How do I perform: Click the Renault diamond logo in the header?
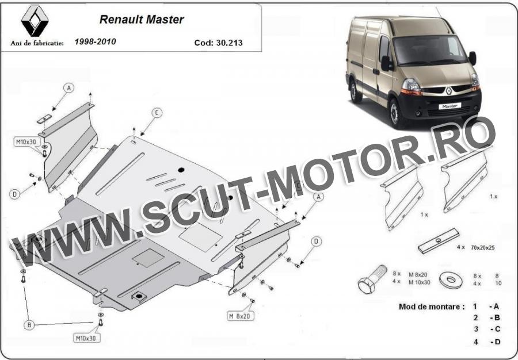(35, 21)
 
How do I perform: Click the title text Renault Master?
(142, 20)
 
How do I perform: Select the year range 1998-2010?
(95, 41)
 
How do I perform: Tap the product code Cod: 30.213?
(218, 43)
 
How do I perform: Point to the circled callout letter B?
(29, 325)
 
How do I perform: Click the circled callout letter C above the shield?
(157, 113)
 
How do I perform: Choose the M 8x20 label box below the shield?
(241, 316)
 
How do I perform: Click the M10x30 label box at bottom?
(86, 338)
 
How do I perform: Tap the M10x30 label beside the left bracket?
(27, 142)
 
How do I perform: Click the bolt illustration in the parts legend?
(372, 279)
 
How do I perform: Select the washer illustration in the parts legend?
(451, 280)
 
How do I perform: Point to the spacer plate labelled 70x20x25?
(438, 241)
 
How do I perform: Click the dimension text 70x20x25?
(483, 247)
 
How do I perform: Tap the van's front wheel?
(395, 113)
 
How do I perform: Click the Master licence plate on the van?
(450, 106)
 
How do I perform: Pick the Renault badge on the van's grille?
(449, 90)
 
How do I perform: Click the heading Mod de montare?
(432, 307)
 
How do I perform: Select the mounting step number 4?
(476, 342)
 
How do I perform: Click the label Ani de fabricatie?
(37, 43)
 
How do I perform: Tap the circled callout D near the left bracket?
(14, 194)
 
